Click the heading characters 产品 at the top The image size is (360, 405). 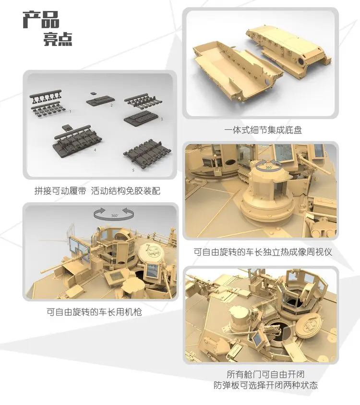(42, 21)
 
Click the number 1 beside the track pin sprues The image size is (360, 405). (71, 111)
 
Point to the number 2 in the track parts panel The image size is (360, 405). (111, 105)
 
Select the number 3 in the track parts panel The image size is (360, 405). (162, 119)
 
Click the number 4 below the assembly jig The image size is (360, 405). (95, 150)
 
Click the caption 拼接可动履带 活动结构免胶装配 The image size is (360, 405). (97, 191)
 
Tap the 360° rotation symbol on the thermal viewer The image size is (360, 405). (268, 166)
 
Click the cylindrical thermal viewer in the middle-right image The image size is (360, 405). (265, 197)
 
